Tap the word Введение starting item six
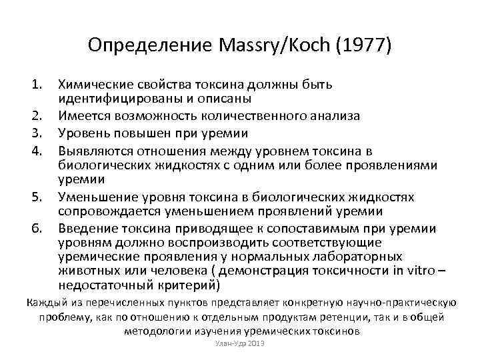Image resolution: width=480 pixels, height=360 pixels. pos(85,229)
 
